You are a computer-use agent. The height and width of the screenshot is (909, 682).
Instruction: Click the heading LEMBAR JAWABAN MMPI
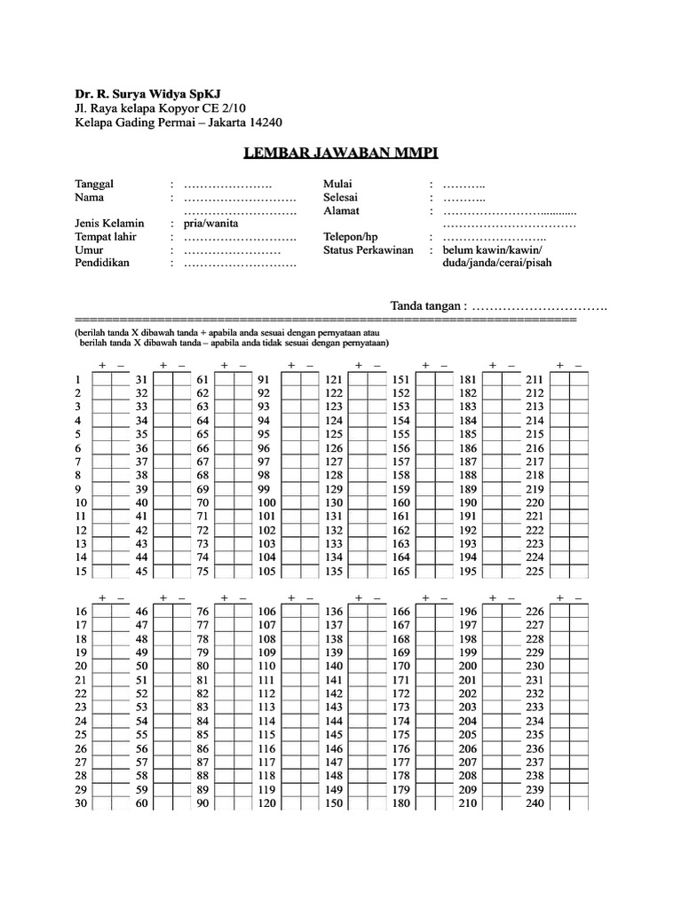click(x=341, y=154)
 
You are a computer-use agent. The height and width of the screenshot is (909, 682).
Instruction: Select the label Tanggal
click(x=95, y=184)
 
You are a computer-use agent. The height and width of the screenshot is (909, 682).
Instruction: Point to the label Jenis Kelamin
click(x=109, y=224)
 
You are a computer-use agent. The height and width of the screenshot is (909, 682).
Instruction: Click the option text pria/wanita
click(x=210, y=224)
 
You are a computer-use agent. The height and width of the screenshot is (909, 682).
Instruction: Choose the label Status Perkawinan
click(x=369, y=251)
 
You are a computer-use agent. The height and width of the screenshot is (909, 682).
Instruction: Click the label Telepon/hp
click(x=351, y=238)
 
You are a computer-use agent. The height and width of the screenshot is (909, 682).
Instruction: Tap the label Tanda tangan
click(x=427, y=305)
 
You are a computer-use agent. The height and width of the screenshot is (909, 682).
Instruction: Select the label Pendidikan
click(x=102, y=265)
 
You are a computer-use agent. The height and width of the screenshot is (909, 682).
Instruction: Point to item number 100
click(x=266, y=502)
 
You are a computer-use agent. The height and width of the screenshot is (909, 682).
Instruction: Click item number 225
click(x=535, y=571)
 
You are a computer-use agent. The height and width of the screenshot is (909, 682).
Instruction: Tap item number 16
click(x=81, y=611)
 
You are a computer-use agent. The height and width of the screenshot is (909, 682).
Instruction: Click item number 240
click(x=535, y=803)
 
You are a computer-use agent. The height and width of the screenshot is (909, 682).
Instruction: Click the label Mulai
click(x=338, y=184)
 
